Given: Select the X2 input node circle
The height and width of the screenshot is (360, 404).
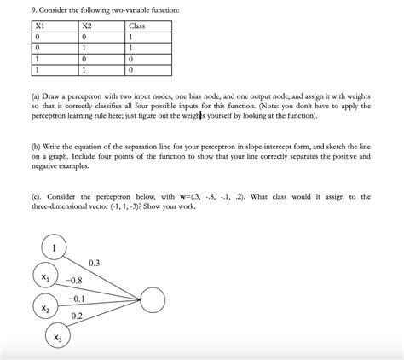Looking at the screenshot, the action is coord(44,307).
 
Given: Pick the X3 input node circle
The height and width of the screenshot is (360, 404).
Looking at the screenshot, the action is coord(57,338).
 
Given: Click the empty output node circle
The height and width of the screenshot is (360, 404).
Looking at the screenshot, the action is coord(154,299).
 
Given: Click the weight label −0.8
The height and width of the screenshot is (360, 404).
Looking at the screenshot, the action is coord(73,281).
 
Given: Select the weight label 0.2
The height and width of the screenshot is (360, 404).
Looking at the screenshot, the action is coord(76,316).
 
